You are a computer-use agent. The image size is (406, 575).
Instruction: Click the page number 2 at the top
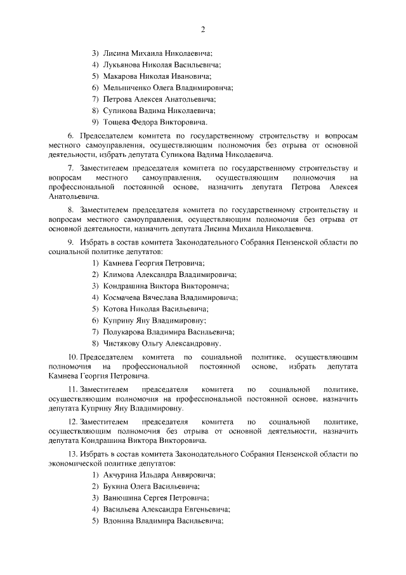[x=203, y=30]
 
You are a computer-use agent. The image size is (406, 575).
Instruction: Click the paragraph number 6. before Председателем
[x=70, y=136]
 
